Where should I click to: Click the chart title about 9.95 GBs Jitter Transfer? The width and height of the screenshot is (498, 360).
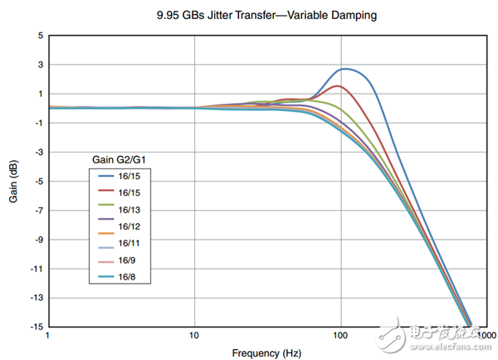(248, 14)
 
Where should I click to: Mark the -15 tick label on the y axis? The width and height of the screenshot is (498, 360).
(36, 327)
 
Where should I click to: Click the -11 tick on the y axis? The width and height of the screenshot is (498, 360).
(36, 269)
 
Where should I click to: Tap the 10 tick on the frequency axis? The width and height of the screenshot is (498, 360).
(193, 335)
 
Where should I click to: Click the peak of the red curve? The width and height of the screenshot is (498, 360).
(335, 85)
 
